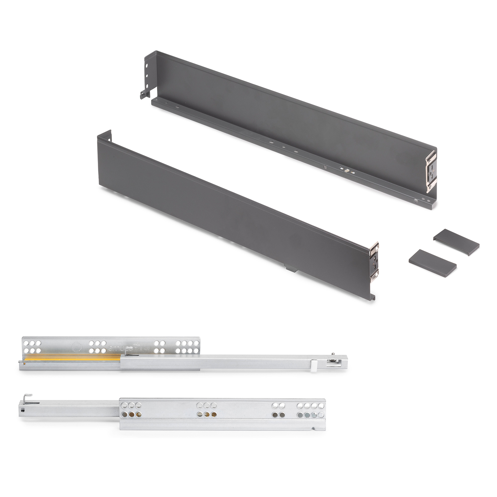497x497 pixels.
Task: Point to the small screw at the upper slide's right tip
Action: click(333, 354)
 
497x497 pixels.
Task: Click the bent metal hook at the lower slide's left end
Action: click(28, 397)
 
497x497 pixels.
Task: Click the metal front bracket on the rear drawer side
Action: click(431, 171)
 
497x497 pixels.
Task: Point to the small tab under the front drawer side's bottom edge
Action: click(290, 268)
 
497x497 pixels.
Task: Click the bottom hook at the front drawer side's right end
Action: click(373, 297)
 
